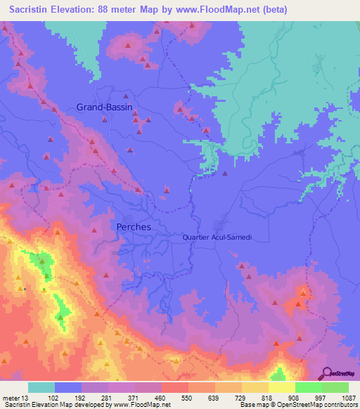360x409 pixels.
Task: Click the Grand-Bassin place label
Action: pyautogui.click(x=104, y=107)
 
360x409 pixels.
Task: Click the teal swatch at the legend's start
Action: pyautogui.click(x=41, y=387)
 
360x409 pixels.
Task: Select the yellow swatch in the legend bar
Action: pyautogui.click(x=281, y=387)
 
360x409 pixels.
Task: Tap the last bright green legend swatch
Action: pyautogui.click(x=335, y=387)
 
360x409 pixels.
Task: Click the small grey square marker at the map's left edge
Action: pyautogui.click(x=25, y=288)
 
